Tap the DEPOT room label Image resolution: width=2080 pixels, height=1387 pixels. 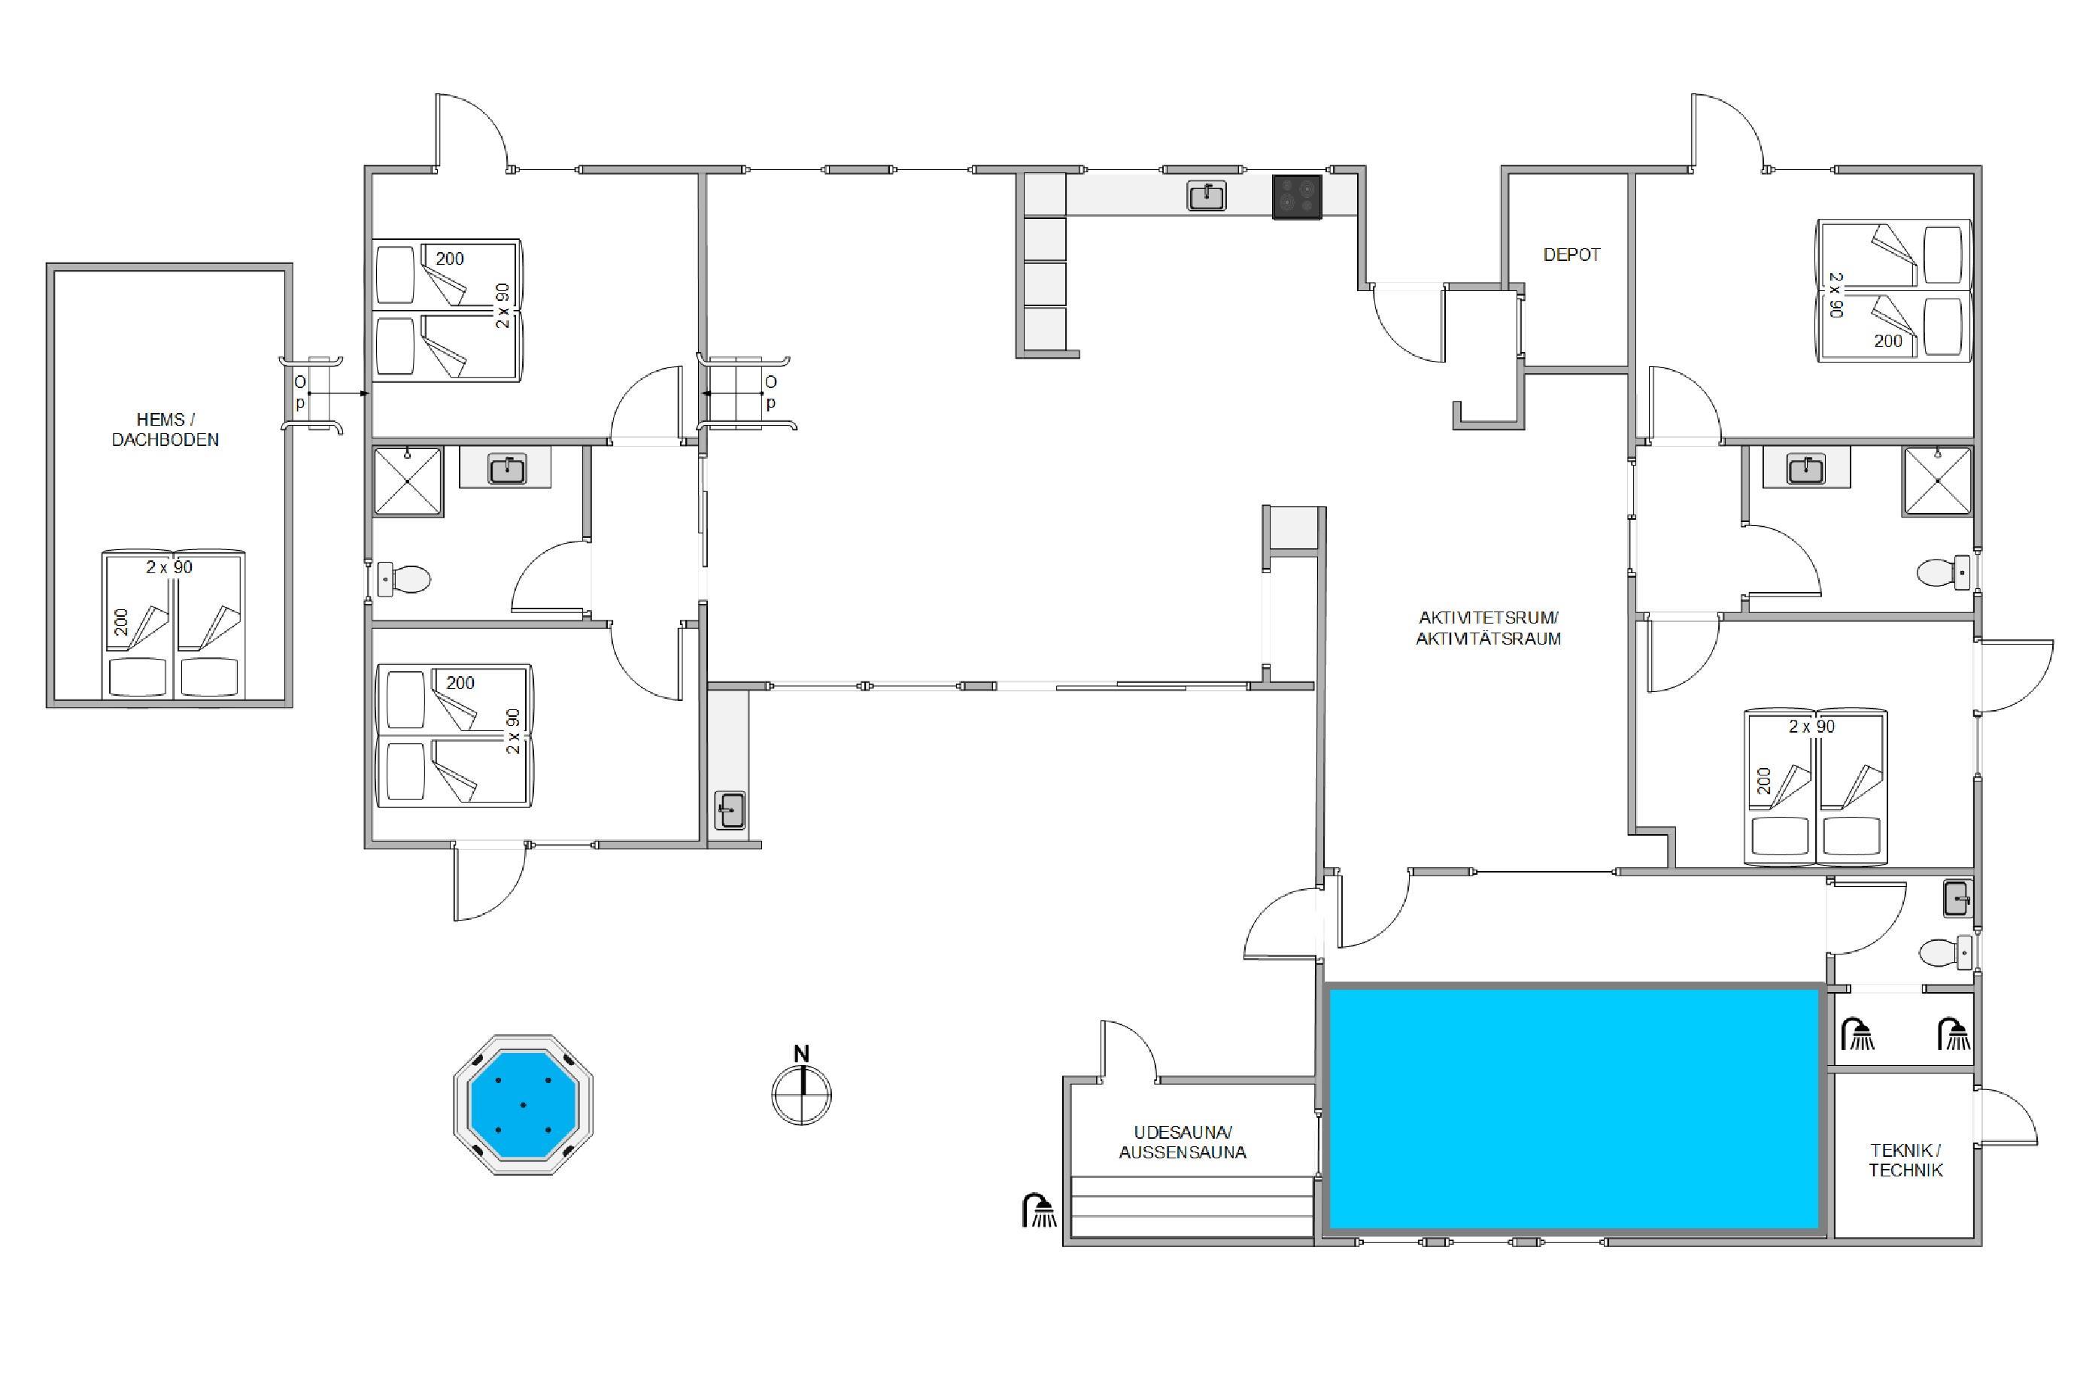[x=1572, y=255]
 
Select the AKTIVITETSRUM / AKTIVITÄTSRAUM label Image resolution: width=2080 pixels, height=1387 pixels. [x=1488, y=628]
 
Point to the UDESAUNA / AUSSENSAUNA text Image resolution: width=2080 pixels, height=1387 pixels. [x=1183, y=1142]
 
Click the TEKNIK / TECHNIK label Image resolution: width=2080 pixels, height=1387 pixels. [x=1905, y=1161]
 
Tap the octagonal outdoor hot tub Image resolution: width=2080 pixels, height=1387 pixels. [x=523, y=1105]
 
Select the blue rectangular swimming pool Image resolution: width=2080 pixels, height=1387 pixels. [x=1574, y=1109]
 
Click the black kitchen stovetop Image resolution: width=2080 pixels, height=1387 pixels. [x=1297, y=197]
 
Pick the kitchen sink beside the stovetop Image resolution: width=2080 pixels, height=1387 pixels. [x=1207, y=196]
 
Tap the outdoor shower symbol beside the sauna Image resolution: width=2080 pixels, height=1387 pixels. [x=1039, y=1210]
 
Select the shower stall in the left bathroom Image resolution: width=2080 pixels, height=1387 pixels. [x=408, y=482]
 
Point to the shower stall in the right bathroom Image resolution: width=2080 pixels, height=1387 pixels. [x=1938, y=481]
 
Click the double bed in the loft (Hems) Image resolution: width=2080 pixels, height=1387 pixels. [x=174, y=624]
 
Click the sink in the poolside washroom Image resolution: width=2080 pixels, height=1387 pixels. [x=1957, y=899]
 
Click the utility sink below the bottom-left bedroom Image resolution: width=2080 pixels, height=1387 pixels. [x=730, y=810]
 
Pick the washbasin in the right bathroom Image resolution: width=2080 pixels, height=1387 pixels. [x=1805, y=469]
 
